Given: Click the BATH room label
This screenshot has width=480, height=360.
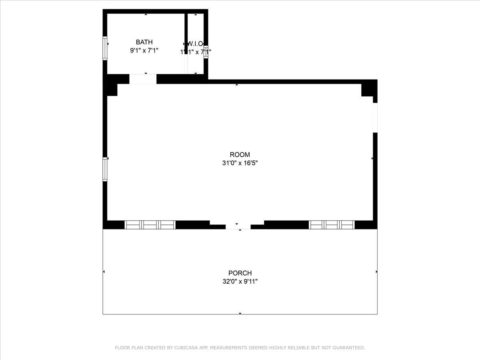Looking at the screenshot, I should pyautogui.click(x=144, y=42).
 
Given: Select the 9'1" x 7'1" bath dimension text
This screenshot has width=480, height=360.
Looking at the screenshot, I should pyautogui.click(x=144, y=51).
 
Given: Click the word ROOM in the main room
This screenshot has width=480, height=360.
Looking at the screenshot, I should pyautogui.click(x=240, y=155).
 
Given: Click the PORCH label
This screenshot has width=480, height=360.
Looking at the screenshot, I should pyautogui.click(x=240, y=273).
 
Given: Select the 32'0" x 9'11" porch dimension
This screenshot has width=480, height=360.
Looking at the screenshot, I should pyautogui.click(x=240, y=282).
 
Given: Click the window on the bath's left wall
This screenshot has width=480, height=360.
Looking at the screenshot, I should pyautogui.click(x=105, y=48).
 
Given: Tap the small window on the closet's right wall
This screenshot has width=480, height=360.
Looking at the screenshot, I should pyautogui.click(x=206, y=52).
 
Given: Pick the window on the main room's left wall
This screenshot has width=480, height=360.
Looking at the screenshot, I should pyautogui.click(x=105, y=169).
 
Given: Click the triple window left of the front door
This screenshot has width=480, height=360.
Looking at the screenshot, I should pyautogui.click(x=150, y=225).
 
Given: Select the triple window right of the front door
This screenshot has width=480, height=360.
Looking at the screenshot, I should pyautogui.click(x=332, y=225).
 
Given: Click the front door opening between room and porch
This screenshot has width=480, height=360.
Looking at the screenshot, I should pyautogui.click(x=238, y=227).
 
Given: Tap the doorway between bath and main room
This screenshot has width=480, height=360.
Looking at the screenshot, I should pyautogui.click(x=143, y=79).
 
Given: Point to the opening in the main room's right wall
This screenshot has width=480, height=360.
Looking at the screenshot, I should pyautogui.click(x=375, y=118).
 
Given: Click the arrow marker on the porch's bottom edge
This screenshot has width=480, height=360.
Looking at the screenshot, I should pyautogui.click(x=240, y=314).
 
